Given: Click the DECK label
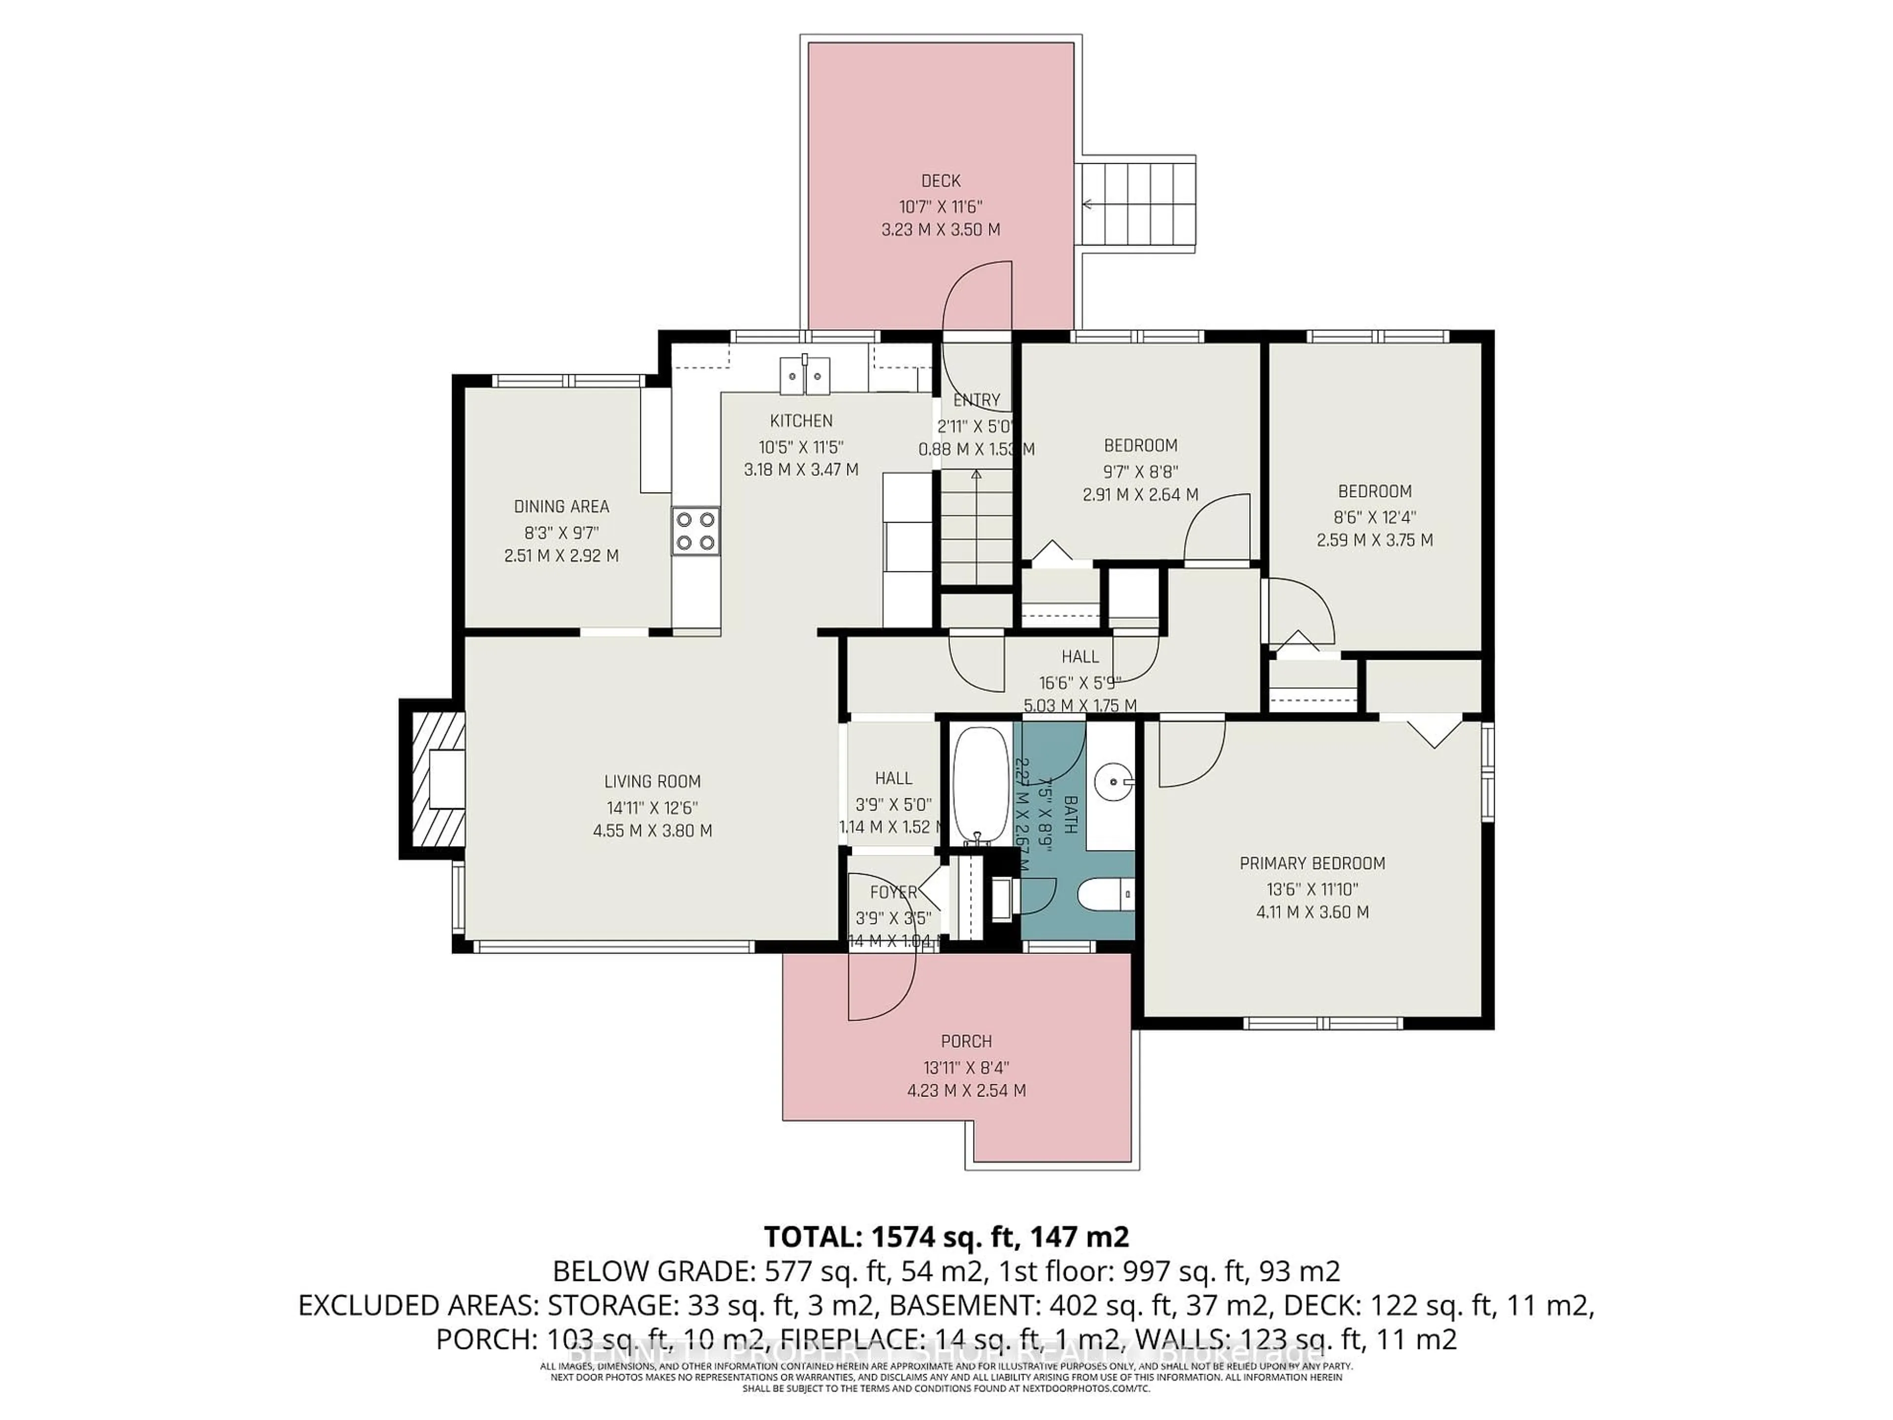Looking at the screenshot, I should (x=941, y=180).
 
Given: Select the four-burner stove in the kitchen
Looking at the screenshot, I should (x=695, y=531).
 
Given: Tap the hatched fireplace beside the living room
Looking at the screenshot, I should (x=432, y=779).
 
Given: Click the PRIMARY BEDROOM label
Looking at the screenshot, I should (x=1312, y=864).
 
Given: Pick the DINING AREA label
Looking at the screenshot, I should (x=561, y=507).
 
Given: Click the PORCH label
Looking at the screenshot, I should (x=966, y=1042).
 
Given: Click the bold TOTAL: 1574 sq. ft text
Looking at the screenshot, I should (x=946, y=1236).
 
